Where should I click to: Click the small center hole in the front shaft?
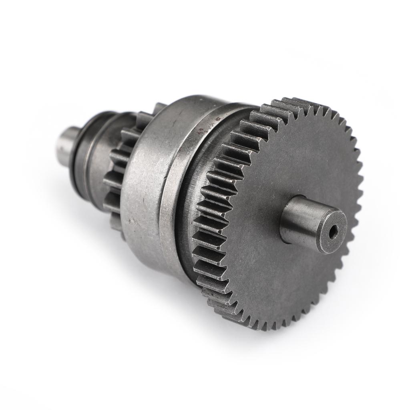point(332,231)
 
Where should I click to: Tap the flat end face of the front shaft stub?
point(326,227)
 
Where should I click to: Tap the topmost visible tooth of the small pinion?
point(159,107)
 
